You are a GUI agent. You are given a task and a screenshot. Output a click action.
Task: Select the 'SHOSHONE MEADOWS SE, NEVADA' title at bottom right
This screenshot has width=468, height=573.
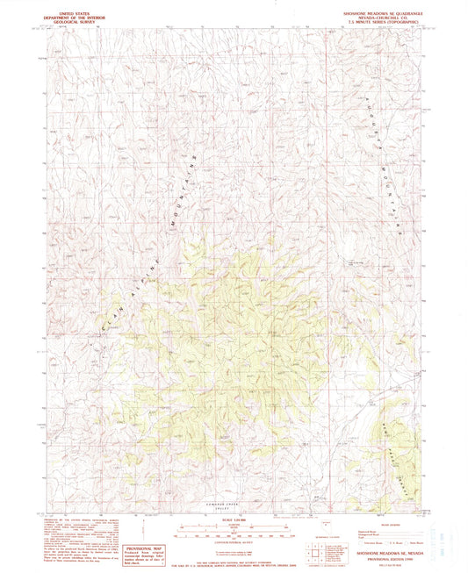372,543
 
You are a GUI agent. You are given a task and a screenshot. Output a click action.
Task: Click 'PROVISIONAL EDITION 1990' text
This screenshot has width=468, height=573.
372,548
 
